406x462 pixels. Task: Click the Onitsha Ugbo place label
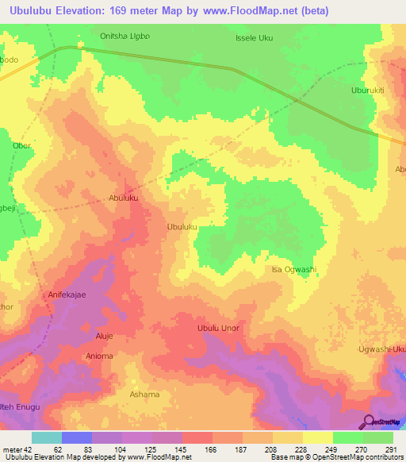124,36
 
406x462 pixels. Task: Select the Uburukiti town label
367,90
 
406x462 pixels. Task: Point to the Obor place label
22,146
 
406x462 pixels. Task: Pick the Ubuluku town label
182,227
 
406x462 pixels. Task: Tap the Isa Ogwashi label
293,270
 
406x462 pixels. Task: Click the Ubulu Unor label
218,328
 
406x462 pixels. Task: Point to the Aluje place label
105,336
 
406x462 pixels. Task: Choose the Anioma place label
99,356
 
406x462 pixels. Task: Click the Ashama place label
144,395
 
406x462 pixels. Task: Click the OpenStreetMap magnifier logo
369,422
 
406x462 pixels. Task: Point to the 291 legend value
389,450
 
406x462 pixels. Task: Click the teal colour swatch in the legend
47,437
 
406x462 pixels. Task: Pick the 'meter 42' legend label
18,450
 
